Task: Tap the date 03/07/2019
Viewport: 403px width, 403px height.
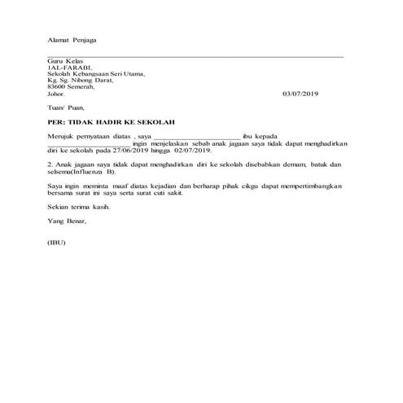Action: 302,94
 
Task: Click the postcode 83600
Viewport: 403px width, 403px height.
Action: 59,87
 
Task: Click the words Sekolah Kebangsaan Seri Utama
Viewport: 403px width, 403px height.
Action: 95,74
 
